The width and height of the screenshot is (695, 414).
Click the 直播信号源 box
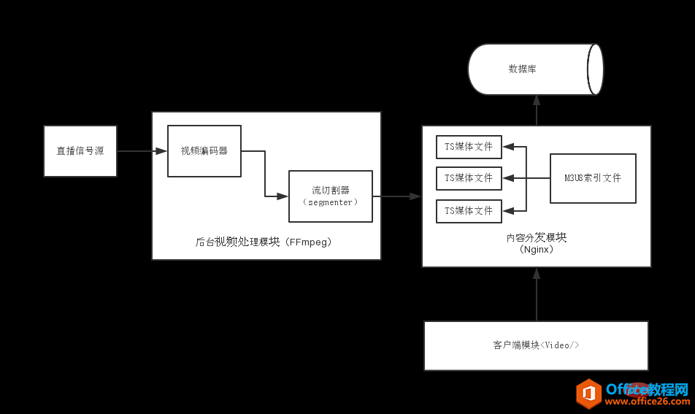point(80,151)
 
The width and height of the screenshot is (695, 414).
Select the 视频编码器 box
point(204,151)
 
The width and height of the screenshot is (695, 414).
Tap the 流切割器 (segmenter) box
point(331,196)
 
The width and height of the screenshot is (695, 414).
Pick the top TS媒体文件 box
point(469,147)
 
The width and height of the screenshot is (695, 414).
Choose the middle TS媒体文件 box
point(469,178)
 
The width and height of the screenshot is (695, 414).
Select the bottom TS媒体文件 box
point(469,211)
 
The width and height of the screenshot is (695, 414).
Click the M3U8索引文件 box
point(593,178)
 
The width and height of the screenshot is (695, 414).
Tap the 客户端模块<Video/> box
point(536,345)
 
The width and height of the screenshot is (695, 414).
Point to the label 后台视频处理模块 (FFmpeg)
point(266,242)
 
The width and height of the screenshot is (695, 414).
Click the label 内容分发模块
point(536,237)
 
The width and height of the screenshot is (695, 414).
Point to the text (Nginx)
point(536,250)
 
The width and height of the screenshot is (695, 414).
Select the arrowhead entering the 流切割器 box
point(283,196)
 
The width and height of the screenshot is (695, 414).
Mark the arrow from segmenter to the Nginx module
point(396,196)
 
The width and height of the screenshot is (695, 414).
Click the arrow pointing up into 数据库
point(537,110)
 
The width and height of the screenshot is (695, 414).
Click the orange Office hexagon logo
point(588,394)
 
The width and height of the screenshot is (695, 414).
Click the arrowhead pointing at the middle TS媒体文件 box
point(509,178)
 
